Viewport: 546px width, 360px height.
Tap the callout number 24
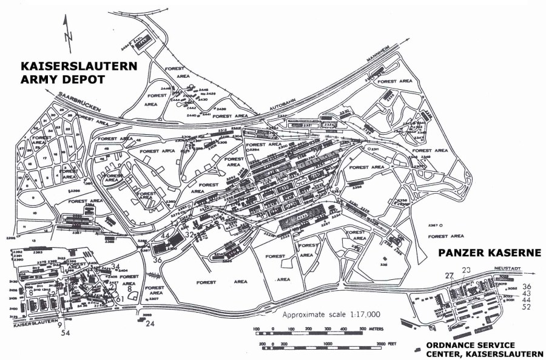(150, 324)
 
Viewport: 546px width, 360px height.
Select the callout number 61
(120, 299)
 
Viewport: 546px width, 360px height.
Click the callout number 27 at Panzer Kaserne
(449, 276)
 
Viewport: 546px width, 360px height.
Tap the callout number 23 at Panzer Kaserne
(466, 271)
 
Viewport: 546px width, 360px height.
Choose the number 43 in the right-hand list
(527, 293)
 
